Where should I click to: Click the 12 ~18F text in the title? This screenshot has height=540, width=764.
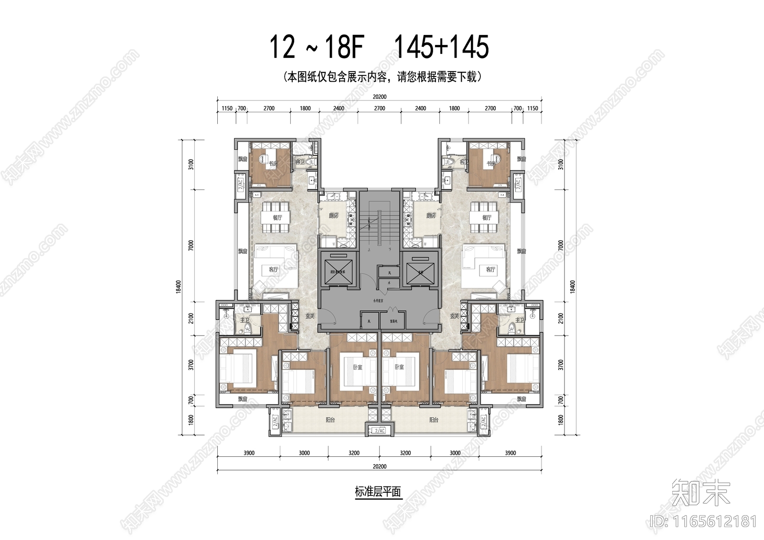(x=317, y=47)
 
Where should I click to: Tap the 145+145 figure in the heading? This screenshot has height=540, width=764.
(x=441, y=47)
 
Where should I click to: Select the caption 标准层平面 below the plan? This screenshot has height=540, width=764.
(x=378, y=492)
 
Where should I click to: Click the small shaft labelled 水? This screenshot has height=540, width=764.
(x=389, y=283)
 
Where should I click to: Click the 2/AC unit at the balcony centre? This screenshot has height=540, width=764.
(x=380, y=430)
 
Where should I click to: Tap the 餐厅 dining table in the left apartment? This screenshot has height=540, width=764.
(x=277, y=217)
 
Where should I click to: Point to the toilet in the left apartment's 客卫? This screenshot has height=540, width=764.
(x=311, y=162)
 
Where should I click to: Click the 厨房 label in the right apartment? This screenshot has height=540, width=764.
(x=431, y=216)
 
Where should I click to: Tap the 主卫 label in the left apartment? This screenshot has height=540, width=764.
(x=244, y=320)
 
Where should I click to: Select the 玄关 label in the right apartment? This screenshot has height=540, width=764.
(x=454, y=316)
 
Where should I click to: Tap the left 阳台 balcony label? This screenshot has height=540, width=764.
(x=330, y=420)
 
